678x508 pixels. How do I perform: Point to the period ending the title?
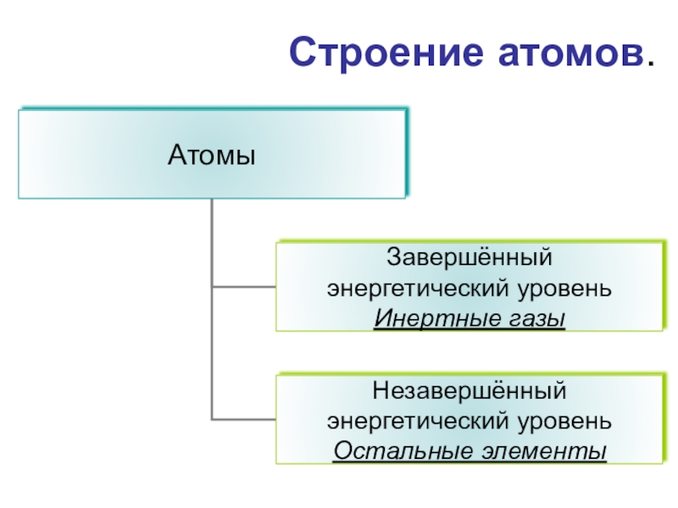[650, 65]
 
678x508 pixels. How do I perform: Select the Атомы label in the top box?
[212, 156]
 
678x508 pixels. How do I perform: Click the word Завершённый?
[469, 256]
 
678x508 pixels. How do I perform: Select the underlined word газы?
[533, 319]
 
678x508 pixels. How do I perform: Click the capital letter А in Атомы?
[175, 156]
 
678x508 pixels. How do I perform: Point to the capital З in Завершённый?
[394, 256]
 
